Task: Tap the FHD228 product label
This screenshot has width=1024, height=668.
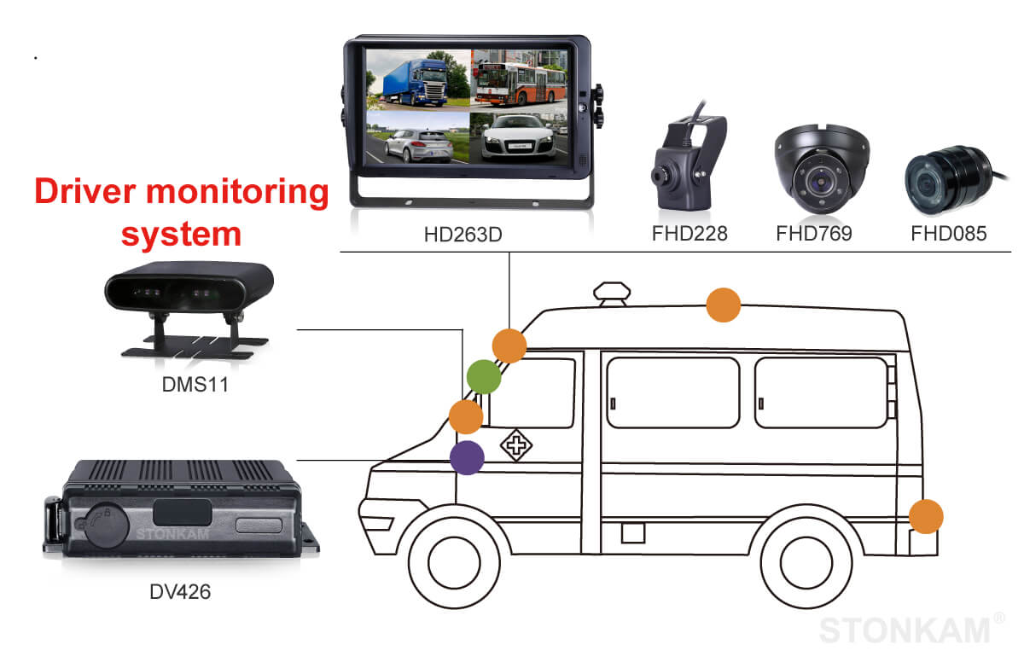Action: tap(688, 233)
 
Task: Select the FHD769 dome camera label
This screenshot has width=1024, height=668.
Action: tap(813, 233)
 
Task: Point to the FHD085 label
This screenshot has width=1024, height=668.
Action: tap(948, 233)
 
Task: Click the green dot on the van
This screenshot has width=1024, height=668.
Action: tap(484, 376)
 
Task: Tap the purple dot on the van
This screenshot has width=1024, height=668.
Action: tap(467, 457)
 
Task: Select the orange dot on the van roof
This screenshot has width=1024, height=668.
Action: tap(723, 305)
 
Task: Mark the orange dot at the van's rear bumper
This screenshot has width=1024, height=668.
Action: tap(925, 517)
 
